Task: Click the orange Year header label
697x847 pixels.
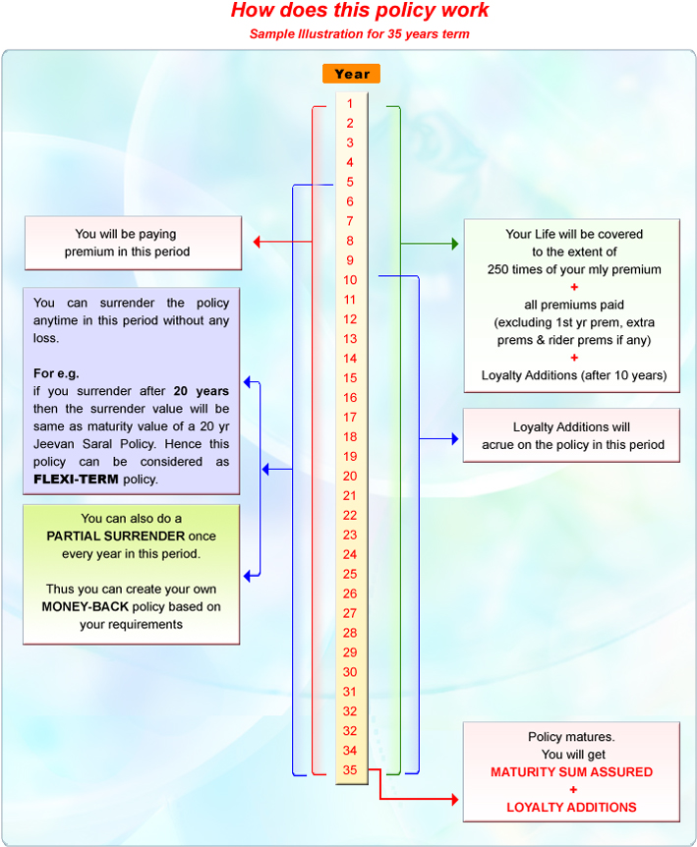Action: coord(351,74)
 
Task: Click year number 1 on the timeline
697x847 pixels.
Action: coord(350,103)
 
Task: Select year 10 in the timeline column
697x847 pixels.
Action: coord(350,280)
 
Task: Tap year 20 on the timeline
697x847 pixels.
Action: coord(350,476)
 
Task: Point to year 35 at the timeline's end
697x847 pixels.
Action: coord(350,770)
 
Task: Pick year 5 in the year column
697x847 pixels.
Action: coord(350,182)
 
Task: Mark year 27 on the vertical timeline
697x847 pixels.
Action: coord(350,613)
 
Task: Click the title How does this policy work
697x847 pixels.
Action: coord(359,12)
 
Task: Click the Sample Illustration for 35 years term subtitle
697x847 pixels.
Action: coord(359,34)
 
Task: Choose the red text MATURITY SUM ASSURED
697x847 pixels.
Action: coord(571,772)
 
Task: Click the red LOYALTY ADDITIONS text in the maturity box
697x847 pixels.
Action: coord(571,808)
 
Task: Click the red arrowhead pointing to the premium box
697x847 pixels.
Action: coord(258,241)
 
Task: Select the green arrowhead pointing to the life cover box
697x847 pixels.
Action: coord(453,242)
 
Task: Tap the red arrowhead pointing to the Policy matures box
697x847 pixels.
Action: coord(453,800)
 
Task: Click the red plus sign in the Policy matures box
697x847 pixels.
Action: coord(572,790)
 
